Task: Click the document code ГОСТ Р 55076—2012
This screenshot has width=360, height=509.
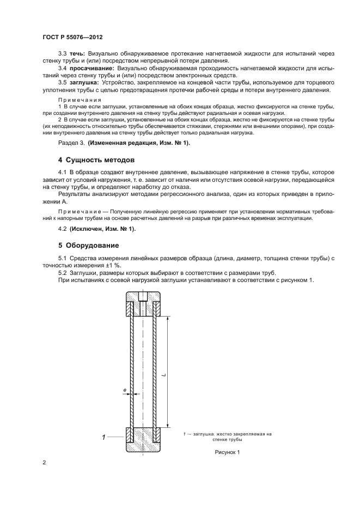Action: point(72,37)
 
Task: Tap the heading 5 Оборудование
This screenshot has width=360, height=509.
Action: point(88,245)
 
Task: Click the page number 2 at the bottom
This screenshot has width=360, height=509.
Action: point(44,463)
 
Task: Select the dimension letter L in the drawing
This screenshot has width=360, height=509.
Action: point(163,374)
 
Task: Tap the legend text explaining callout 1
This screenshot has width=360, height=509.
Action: point(227,437)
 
